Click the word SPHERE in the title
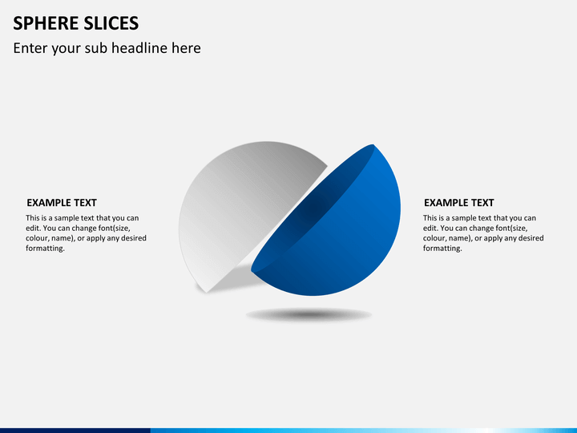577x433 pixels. tap(42, 23)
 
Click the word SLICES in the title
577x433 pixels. tap(107, 23)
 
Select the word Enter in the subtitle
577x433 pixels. tap(30, 48)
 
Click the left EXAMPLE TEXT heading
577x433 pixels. tap(62, 203)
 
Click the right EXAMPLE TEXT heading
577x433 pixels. tap(459, 203)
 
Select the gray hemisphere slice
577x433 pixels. tap(232, 200)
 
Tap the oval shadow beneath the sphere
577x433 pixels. tap(309, 315)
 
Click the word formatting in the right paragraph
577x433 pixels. tap(442, 249)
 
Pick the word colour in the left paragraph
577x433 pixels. tap(38, 238)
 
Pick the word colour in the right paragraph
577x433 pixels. tap(435, 238)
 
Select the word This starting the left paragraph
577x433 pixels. tap(34, 218)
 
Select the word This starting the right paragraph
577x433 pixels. tap(431, 218)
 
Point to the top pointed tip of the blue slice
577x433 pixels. tap(373, 146)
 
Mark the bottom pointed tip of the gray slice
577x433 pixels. tap(208, 291)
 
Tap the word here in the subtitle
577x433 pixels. tap(185, 48)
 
